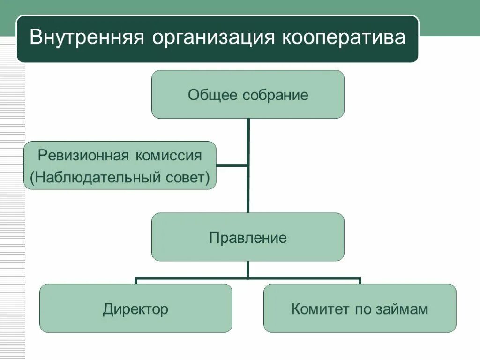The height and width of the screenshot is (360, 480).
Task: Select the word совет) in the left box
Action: click(188, 178)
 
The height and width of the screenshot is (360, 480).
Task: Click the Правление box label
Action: click(247, 238)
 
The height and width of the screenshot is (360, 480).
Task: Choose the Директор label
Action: click(135, 309)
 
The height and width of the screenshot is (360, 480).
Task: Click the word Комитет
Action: click(314, 309)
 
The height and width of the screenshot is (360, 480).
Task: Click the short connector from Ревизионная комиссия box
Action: click(232, 165)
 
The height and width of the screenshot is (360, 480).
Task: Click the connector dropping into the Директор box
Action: click(136, 281)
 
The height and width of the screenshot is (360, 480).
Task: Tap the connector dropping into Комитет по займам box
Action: click(360, 281)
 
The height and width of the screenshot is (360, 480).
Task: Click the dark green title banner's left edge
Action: click(18, 38)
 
